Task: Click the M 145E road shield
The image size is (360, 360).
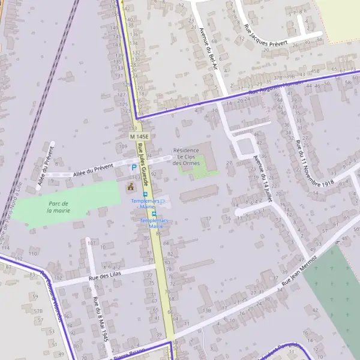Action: point(138,137)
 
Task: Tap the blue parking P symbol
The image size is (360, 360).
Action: point(133,167)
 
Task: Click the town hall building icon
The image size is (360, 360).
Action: point(130,187)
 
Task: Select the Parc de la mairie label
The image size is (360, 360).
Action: point(59,207)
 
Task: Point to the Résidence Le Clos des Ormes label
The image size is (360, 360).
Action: point(186,157)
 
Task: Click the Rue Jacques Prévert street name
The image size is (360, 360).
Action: point(266,36)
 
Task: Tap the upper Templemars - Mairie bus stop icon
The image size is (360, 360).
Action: point(145,194)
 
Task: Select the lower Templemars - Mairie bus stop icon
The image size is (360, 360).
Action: point(154,214)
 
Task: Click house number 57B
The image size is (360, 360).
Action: point(38,311)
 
